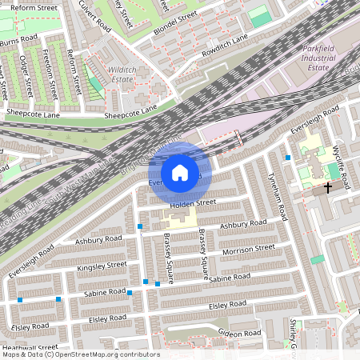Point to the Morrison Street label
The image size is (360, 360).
point(247,250)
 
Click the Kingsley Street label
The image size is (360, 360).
point(102,265)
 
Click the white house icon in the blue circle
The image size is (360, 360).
point(180,172)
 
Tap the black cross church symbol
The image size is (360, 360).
point(327,187)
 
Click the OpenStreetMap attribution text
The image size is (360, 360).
point(80,354)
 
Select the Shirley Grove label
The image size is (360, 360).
point(294,336)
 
